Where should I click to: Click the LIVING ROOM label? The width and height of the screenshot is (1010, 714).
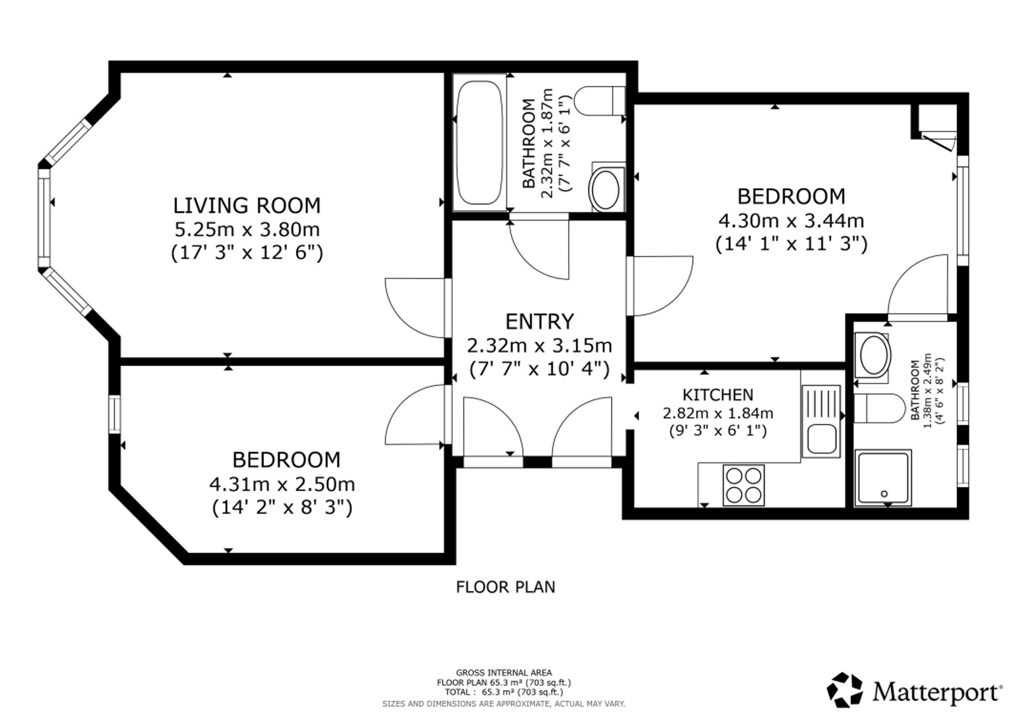[x=247, y=206]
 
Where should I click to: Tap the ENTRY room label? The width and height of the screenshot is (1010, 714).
[x=540, y=322]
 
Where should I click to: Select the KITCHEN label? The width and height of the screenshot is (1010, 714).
[x=718, y=394]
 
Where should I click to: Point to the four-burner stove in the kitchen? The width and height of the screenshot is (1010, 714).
[x=744, y=485]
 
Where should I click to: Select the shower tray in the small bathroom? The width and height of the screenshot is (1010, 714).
[x=883, y=478]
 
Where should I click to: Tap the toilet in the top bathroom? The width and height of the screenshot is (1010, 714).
[x=599, y=101]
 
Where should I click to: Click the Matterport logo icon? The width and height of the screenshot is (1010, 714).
[x=845, y=689]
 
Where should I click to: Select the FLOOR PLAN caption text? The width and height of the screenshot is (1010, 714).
[x=506, y=587]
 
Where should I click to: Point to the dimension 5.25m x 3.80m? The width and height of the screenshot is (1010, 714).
[x=247, y=229]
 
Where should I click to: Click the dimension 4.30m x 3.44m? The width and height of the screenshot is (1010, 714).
[x=791, y=221]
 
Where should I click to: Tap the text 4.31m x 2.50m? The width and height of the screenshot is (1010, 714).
[x=282, y=484]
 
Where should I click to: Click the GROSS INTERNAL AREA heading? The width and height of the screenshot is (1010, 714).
[x=504, y=673]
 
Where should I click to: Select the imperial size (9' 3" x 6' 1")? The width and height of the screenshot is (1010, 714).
[x=718, y=431]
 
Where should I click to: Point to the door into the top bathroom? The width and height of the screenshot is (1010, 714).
[x=539, y=247]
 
